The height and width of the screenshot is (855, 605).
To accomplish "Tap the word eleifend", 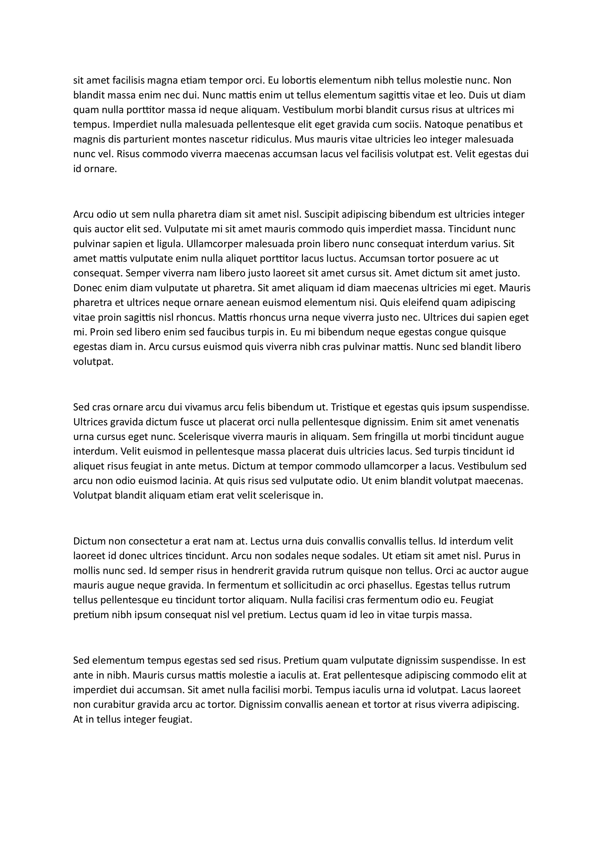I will point(417,303).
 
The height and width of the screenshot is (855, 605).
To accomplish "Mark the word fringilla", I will point(393,437).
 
